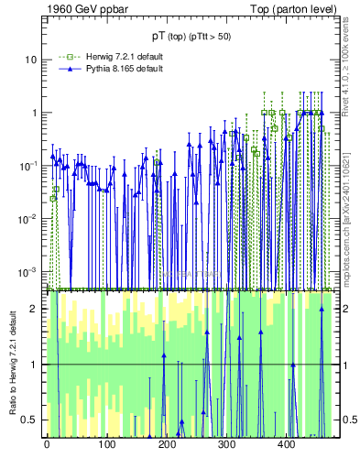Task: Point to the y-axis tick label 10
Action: (31, 60)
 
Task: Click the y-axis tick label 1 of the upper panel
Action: (34, 113)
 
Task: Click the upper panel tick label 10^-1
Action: (29, 166)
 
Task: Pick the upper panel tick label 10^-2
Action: (29, 218)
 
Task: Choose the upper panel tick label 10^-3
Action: (29, 271)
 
